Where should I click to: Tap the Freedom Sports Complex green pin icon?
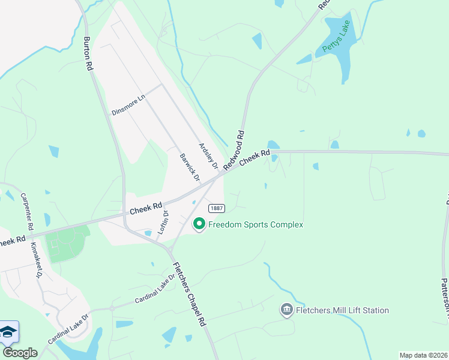click(x=199, y=224)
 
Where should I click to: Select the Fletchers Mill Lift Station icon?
click(x=286, y=310)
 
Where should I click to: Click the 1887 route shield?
click(x=217, y=208)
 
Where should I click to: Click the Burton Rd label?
click(x=88, y=55)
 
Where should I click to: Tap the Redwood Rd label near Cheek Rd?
click(x=234, y=151)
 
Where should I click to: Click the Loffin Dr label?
click(x=163, y=223)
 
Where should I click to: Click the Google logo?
click(x=20, y=353)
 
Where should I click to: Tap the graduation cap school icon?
click(x=8, y=332)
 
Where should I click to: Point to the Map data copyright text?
click(x=423, y=355)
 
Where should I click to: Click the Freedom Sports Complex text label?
click(x=256, y=224)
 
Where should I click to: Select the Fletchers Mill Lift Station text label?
click(x=343, y=310)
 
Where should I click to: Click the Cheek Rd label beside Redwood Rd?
click(x=255, y=158)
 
